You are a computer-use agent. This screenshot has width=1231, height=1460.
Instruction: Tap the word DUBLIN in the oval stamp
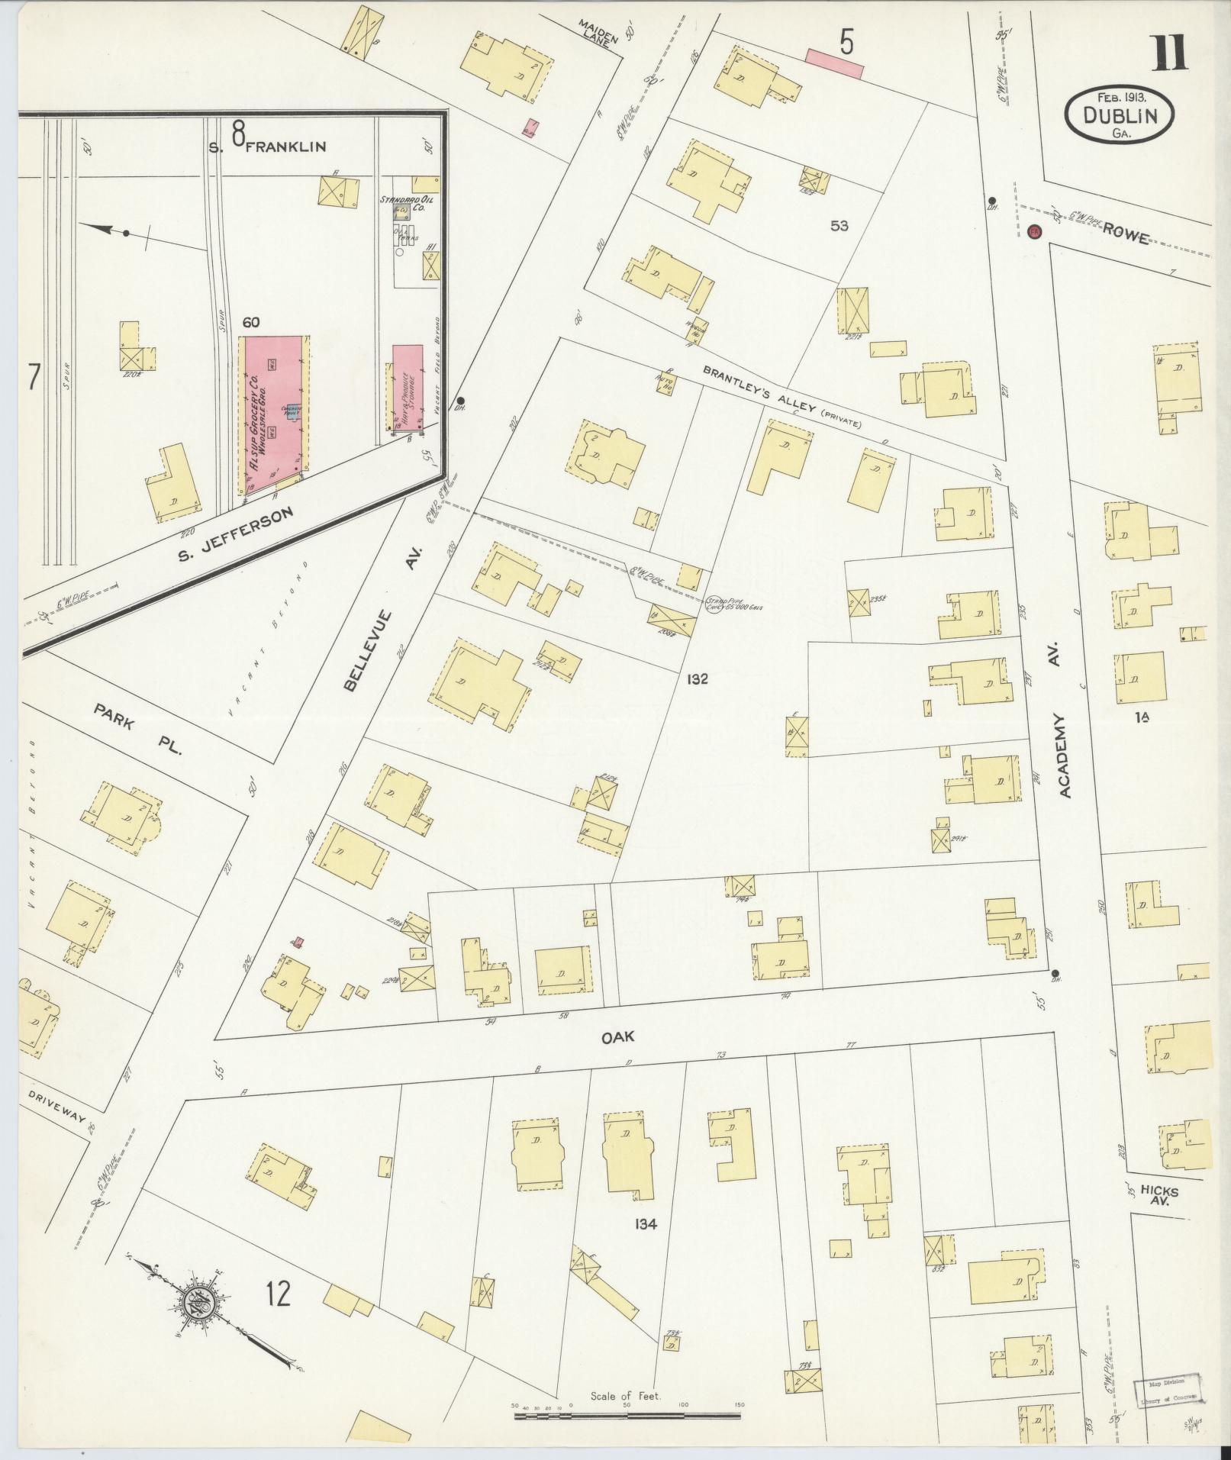[x=1120, y=116]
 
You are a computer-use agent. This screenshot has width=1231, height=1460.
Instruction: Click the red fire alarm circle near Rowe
[x=1035, y=231]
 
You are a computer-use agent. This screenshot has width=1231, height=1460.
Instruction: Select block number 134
[x=645, y=1224]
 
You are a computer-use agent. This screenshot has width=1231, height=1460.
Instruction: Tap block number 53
[x=839, y=226]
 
